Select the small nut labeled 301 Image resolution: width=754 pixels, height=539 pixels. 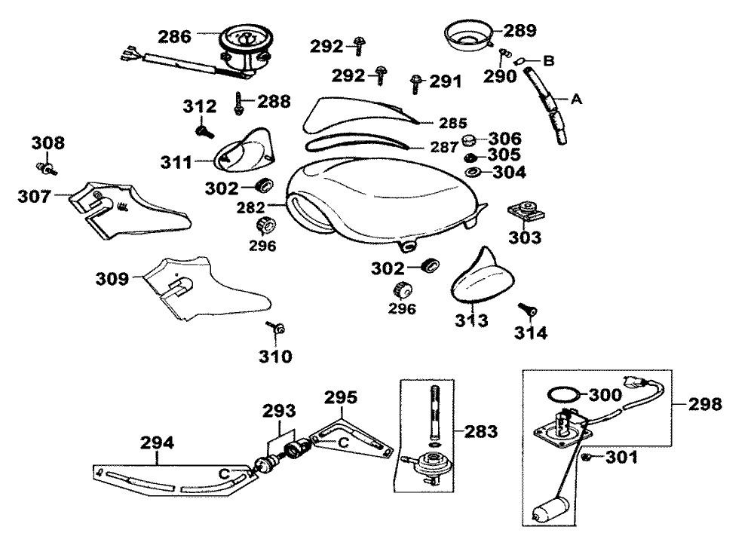point(586,458)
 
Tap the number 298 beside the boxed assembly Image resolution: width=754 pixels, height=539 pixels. point(705,403)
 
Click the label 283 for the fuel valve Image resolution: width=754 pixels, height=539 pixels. point(480,431)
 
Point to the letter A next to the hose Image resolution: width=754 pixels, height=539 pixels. point(577,98)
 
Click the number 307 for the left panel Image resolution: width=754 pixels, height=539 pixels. point(35,197)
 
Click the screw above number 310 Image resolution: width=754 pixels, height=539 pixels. point(275,329)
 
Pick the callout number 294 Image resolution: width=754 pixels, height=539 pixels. point(158,443)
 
